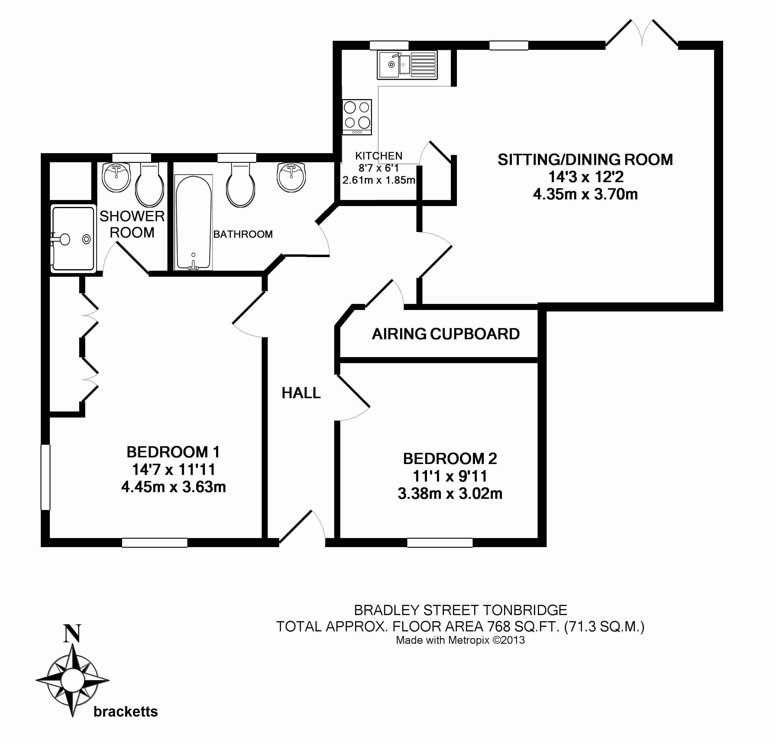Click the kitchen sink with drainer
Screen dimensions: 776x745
(x=407, y=65)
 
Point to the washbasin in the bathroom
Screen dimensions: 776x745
(x=291, y=177)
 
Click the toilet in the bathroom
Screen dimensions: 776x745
(x=240, y=185)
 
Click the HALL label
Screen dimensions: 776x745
(x=301, y=393)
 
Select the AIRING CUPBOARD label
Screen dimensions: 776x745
(x=445, y=334)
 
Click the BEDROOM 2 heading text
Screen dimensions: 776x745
(x=450, y=458)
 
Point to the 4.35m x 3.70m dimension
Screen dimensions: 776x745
(x=585, y=194)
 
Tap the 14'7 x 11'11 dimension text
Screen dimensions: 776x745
(x=173, y=469)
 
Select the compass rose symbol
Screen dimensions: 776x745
(x=73, y=680)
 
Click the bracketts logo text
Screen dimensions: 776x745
(x=125, y=712)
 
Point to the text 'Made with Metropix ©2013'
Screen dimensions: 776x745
(x=460, y=640)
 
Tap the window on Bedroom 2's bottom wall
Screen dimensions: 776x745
(x=440, y=543)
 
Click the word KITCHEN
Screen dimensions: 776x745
(x=379, y=156)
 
